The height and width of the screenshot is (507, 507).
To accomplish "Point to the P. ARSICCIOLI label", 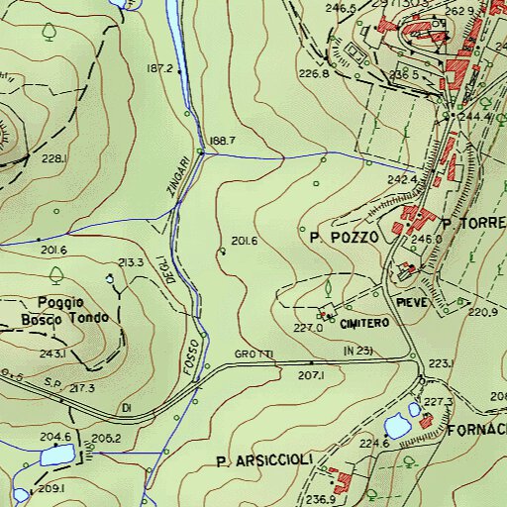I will pyautogui.click(x=263, y=460).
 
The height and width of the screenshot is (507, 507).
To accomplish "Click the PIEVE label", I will pyautogui.click(x=412, y=300).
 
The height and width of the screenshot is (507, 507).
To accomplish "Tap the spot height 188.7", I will pyautogui.click(x=223, y=141).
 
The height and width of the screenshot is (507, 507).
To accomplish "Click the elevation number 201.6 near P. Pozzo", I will pyautogui.click(x=244, y=242).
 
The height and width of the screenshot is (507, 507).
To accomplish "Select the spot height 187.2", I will pyautogui.click(x=159, y=69).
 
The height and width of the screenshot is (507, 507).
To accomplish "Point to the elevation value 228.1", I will pyautogui.click(x=53, y=158).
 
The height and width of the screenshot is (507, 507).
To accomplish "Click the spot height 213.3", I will pyautogui.click(x=132, y=262).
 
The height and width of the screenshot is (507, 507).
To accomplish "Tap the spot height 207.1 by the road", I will pyautogui.click(x=311, y=376).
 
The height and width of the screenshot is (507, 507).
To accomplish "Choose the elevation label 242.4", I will pyautogui.click(x=402, y=180).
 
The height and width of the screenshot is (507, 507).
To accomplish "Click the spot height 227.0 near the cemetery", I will pyautogui.click(x=309, y=329).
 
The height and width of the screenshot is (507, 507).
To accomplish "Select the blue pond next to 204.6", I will pyautogui.click(x=56, y=456).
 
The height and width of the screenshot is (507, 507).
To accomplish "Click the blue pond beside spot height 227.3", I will pyautogui.click(x=398, y=426).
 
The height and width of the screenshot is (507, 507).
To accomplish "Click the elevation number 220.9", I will pyautogui.click(x=482, y=313).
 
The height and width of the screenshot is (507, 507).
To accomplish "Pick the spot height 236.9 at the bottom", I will pyautogui.click(x=320, y=499).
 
